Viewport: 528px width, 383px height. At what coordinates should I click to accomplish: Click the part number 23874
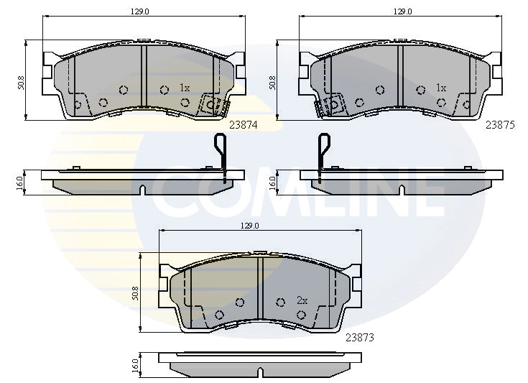[243, 124]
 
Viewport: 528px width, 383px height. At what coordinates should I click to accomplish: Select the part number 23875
[500, 124]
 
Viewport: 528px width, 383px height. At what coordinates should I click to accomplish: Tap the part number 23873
[360, 336]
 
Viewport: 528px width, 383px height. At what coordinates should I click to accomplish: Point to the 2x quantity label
[302, 300]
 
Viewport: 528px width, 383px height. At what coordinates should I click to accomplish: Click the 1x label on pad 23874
[184, 88]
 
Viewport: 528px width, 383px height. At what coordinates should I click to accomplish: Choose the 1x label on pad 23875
[441, 88]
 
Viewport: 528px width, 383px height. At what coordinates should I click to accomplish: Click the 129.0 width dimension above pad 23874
[130, 11]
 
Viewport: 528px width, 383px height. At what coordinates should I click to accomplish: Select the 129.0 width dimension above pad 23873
[249, 225]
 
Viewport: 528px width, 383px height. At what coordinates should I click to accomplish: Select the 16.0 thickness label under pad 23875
[272, 182]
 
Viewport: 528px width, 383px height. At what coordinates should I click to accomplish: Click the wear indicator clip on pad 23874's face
[212, 105]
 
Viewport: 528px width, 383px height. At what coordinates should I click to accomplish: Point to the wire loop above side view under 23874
[221, 151]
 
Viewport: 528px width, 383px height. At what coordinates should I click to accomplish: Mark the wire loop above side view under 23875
[321, 151]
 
